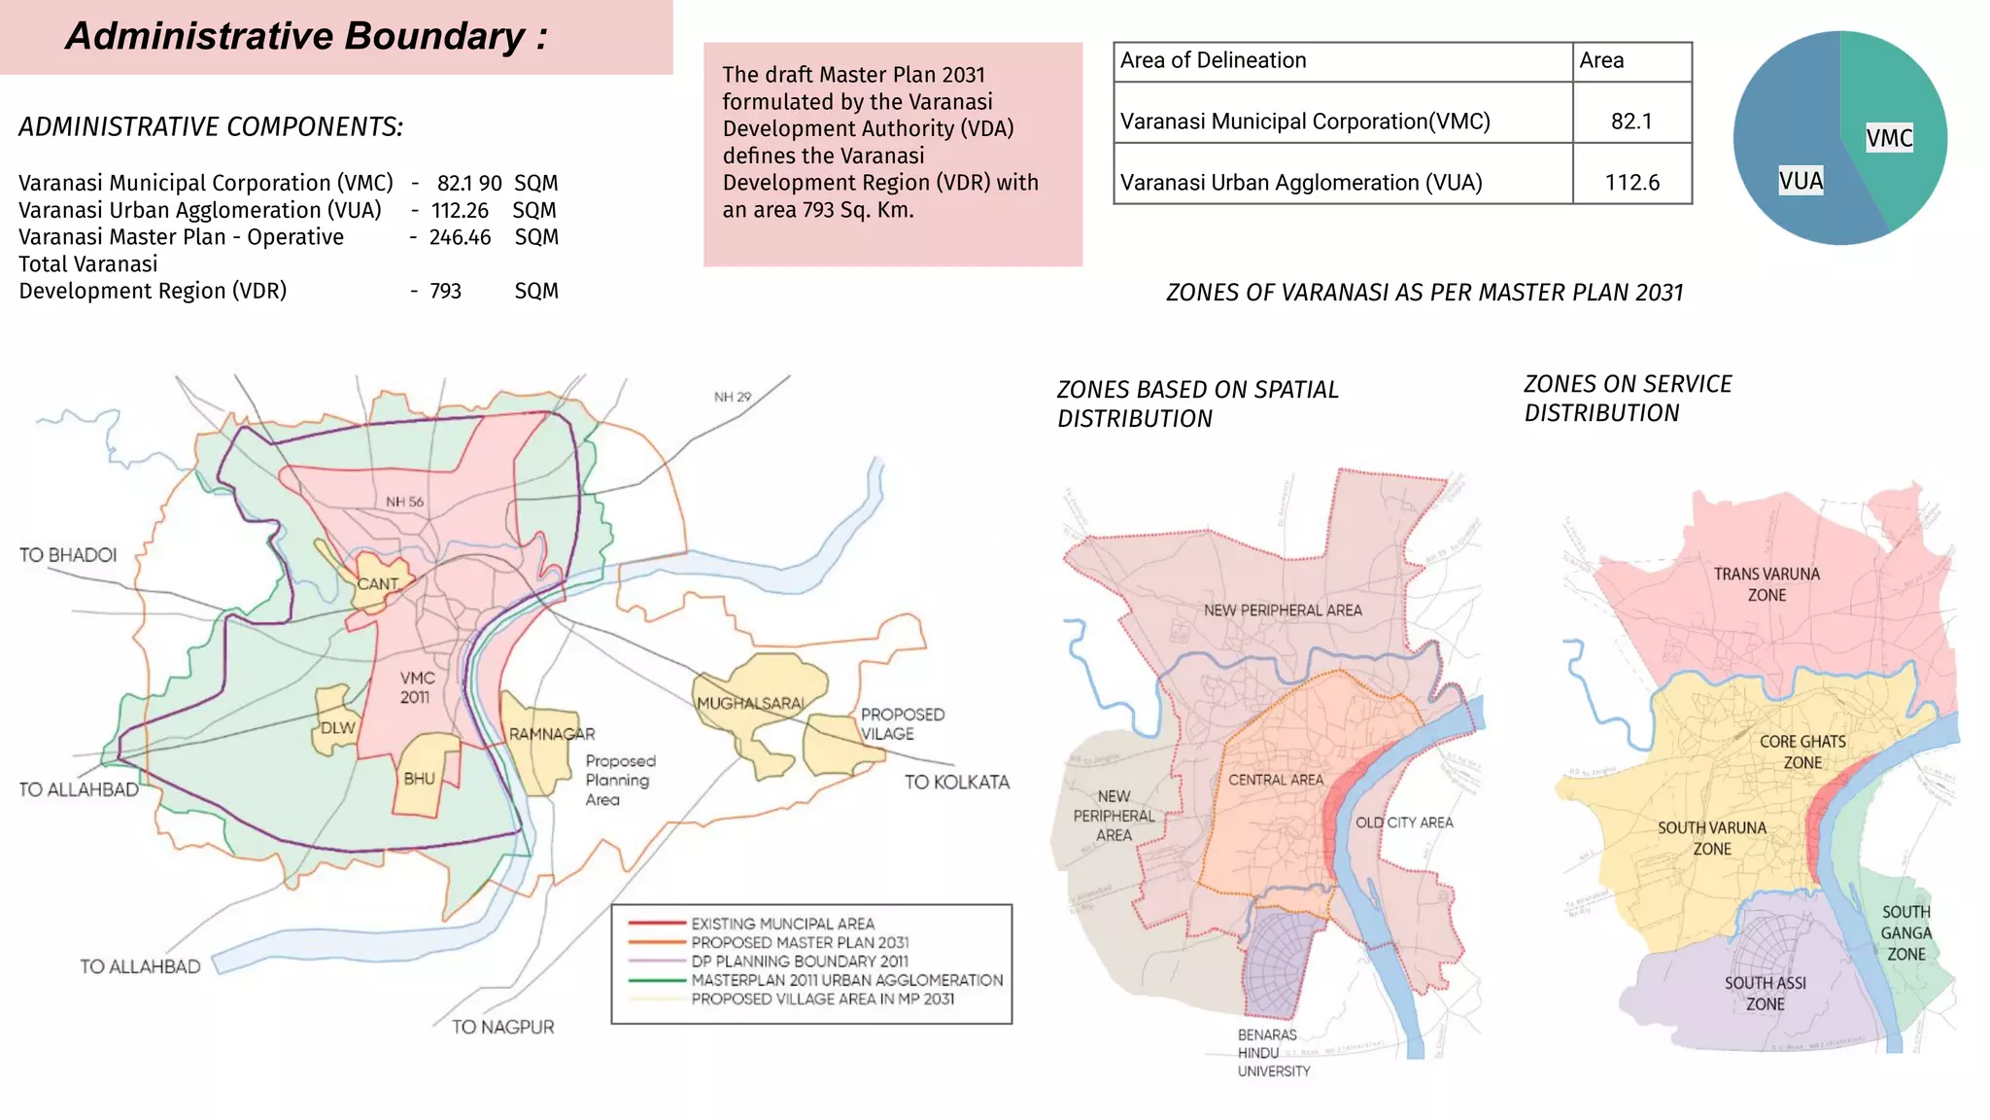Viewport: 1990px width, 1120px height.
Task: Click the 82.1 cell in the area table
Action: coord(1631,122)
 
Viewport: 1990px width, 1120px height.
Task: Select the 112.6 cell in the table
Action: coord(1631,183)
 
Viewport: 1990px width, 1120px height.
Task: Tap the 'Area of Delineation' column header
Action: coord(1213,60)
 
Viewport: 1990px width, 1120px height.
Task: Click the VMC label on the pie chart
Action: coord(1889,138)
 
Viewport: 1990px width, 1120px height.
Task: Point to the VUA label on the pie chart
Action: coord(1801,181)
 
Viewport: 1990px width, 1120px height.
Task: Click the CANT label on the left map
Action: coord(377,584)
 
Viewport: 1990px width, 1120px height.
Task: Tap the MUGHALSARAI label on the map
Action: coord(750,703)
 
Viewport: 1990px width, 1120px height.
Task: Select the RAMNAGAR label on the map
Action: coord(552,734)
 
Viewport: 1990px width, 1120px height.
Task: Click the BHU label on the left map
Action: coord(419,779)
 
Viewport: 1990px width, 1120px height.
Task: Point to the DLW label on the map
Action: coord(338,728)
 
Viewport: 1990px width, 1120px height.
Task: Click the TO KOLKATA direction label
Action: coord(956,782)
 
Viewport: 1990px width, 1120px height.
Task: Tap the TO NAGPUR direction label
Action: coord(502,1027)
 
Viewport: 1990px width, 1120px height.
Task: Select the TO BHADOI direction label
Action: coord(68,555)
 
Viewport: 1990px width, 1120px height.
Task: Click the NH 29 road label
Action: coord(732,397)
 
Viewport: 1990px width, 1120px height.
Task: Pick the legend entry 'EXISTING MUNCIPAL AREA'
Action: coord(782,924)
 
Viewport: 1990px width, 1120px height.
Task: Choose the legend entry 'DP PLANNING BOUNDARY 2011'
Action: coord(799,961)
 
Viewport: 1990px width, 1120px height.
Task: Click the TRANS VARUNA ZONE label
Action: coord(1767,584)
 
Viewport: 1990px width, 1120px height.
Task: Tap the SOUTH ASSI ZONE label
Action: coord(1765,994)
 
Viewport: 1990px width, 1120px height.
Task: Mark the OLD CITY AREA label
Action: coord(1404,822)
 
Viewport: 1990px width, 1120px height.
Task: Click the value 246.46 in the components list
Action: coord(460,237)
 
